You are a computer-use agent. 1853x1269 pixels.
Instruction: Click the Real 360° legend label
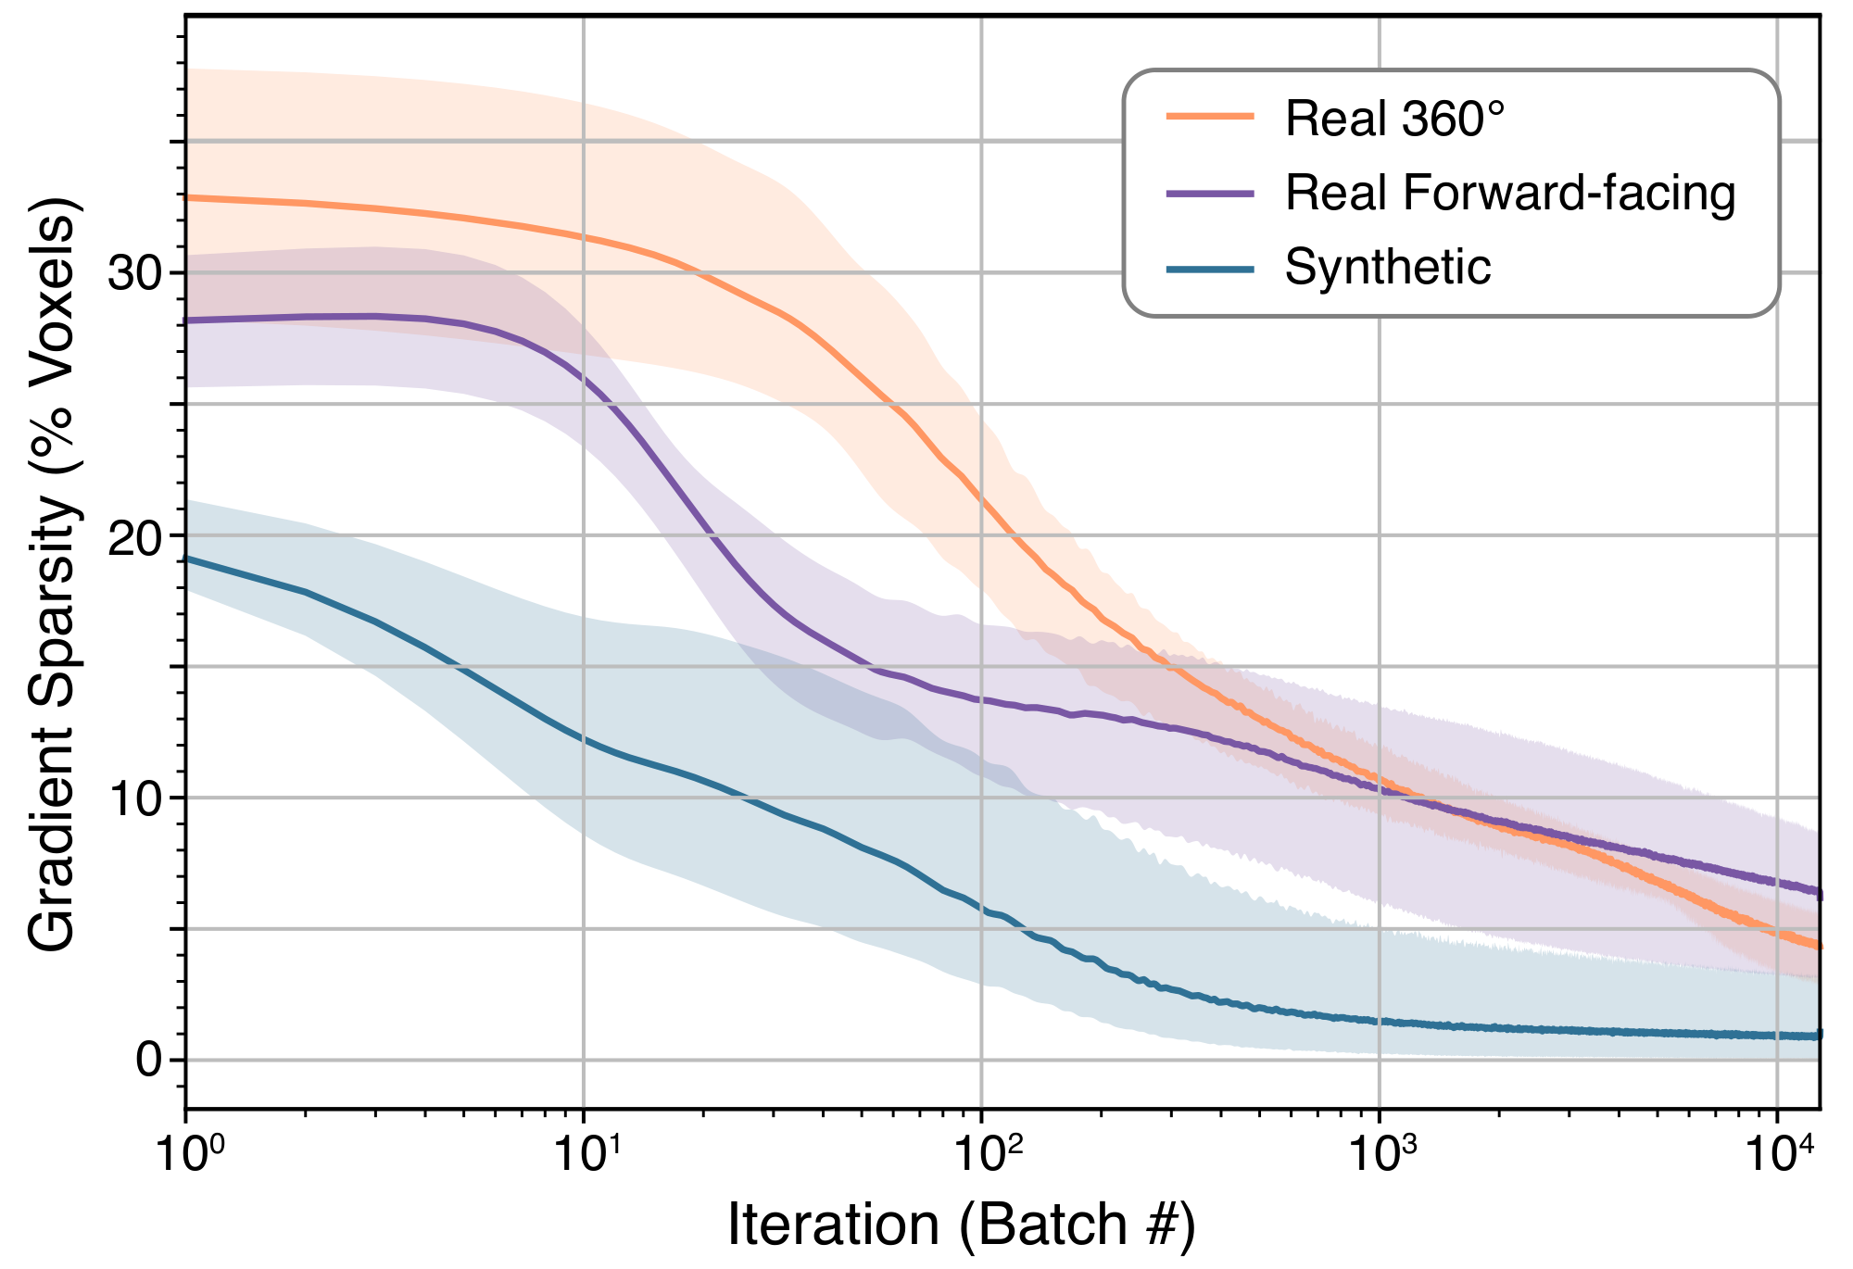coord(1394,119)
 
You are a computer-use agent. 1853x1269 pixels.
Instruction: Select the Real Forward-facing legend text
coord(1509,193)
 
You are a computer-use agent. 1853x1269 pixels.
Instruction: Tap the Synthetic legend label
coord(1387,268)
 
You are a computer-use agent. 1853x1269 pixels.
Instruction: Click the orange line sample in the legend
coord(1209,117)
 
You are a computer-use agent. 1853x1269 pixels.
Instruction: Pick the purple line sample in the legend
coord(1209,193)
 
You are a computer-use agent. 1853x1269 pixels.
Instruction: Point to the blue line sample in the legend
coord(1209,269)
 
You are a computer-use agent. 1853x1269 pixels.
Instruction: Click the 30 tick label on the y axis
coord(135,273)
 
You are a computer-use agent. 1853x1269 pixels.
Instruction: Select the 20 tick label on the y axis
coord(135,535)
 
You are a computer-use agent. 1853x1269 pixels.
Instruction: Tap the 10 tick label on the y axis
coord(135,798)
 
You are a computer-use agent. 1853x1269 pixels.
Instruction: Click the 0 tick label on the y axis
coord(149,1059)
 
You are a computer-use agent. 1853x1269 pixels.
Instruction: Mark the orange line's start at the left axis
coord(188,197)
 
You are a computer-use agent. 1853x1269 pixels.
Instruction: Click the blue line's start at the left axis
coord(188,559)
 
